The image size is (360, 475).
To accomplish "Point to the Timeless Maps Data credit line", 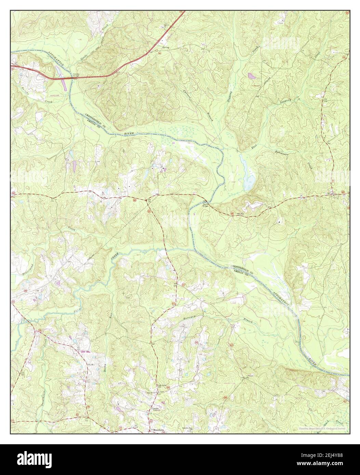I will (321, 429).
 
